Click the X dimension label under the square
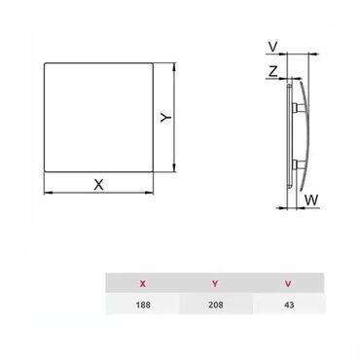[x=98, y=185]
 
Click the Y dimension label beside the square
[x=166, y=117]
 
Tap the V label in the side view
[x=273, y=47]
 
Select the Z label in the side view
[x=272, y=71]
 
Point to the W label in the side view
[x=311, y=200]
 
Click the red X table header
[x=143, y=284]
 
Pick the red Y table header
[x=215, y=284]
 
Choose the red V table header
[x=288, y=284]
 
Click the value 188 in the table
[x=143, y=305]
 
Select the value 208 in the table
[x=216, y=305]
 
